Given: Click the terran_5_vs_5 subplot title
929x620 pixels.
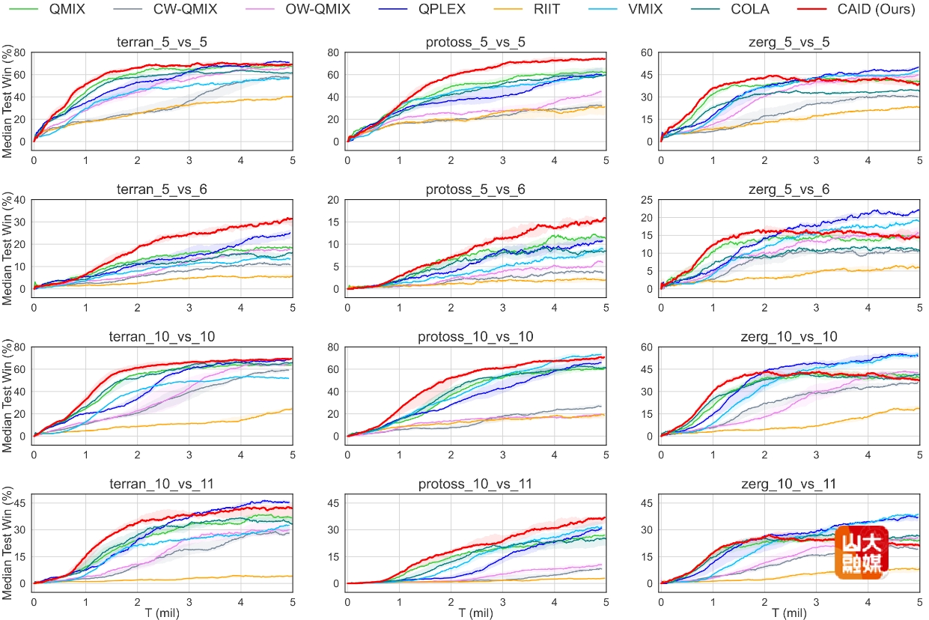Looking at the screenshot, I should (x=162, y=42).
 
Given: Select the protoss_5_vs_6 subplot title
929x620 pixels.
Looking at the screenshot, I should (x=476, y=190).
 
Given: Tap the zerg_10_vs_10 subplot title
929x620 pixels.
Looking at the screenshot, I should (x=790, y=337).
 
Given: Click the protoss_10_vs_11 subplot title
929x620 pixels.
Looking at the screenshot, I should (x=476, y=484).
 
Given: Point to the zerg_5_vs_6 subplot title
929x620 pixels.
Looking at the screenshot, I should (x=790, y=190).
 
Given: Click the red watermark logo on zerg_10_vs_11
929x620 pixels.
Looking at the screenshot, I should (x=862, y=551).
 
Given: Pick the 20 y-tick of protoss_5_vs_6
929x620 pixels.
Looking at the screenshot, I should (x=333, y=200).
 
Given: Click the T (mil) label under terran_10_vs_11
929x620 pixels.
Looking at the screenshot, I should (x=162, y=613).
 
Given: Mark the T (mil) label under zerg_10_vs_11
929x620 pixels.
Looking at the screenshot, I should (x=790, y=613).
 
